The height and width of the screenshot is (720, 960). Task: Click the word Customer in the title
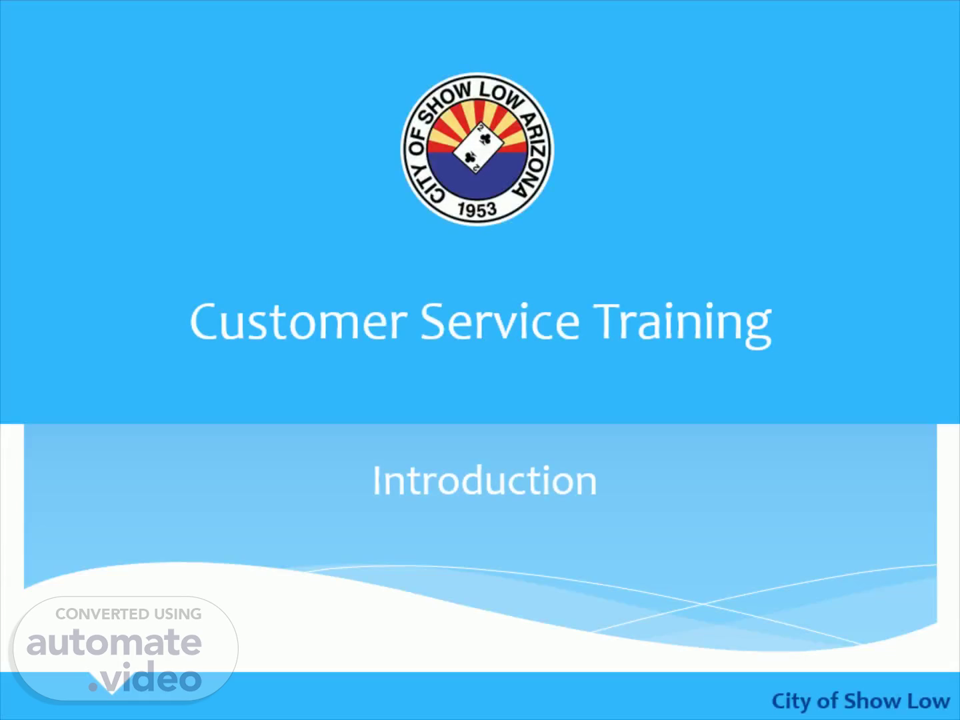pyautogui.click(x=299, y=322)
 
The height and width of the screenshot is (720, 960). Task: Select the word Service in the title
pyautogui.click(x=500, y=321)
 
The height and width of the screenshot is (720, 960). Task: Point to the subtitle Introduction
pyautogui.click(x=485, y=481)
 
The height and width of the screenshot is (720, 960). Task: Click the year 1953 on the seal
pyautogui.click(x=477, y=210)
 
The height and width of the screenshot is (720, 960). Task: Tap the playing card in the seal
pyautogui.click(x=477, y=148)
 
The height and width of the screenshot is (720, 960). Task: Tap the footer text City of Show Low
pyautogui.click(x=860, y=701)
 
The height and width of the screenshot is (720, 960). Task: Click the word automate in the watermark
pyautogui.click(x=114, y=642)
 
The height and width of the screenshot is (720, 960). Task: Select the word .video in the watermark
pyautogui.click(x=145, y=677)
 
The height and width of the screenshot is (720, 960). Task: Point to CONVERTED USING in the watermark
pyautogui.click(x=129, y=614)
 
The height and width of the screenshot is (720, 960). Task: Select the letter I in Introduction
pyautogui.click(x=376, y=481)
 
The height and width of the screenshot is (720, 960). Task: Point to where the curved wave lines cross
pyautogui.click(x=703, y=603)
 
